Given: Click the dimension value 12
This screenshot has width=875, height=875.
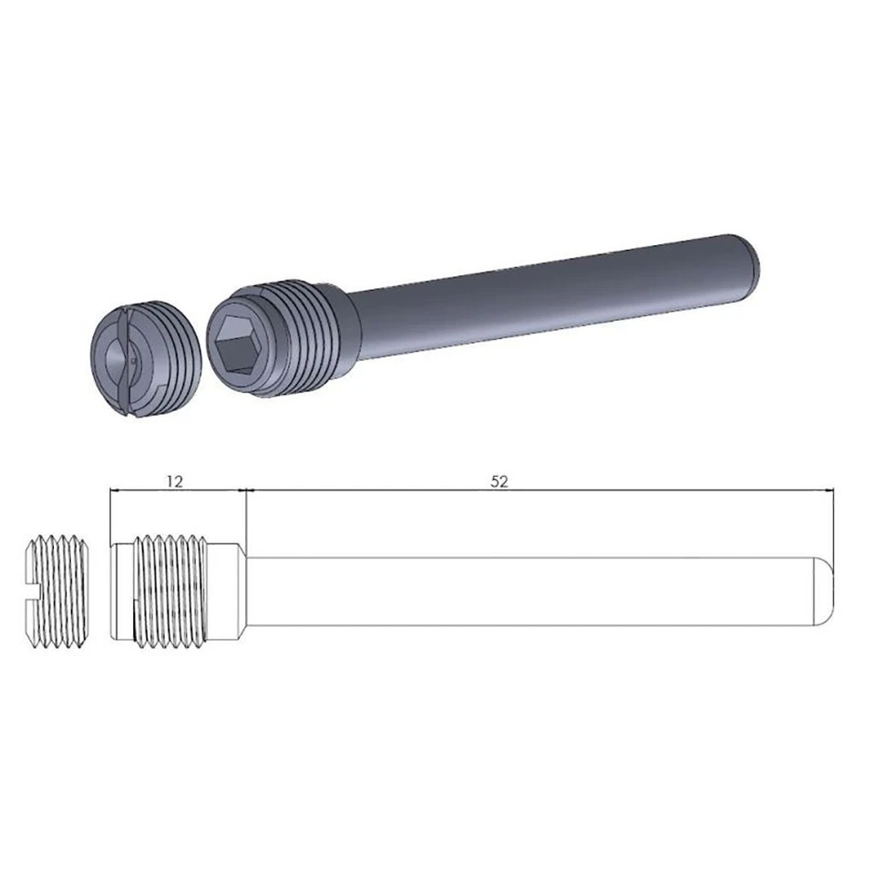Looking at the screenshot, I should click(x=175, y=480).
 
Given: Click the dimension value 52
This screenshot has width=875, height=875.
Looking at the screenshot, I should click(x=499, y=480).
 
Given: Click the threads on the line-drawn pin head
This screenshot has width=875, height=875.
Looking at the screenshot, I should click(x=173, y=592).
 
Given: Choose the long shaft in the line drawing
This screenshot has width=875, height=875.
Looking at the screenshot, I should click(x=529, y=592).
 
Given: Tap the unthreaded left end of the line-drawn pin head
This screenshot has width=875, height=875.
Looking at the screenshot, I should click(x=121, y=592).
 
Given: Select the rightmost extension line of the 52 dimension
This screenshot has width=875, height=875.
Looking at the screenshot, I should click(x=835, y=520).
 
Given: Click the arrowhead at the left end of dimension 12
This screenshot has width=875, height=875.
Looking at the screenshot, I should click(x=114, y=490).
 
